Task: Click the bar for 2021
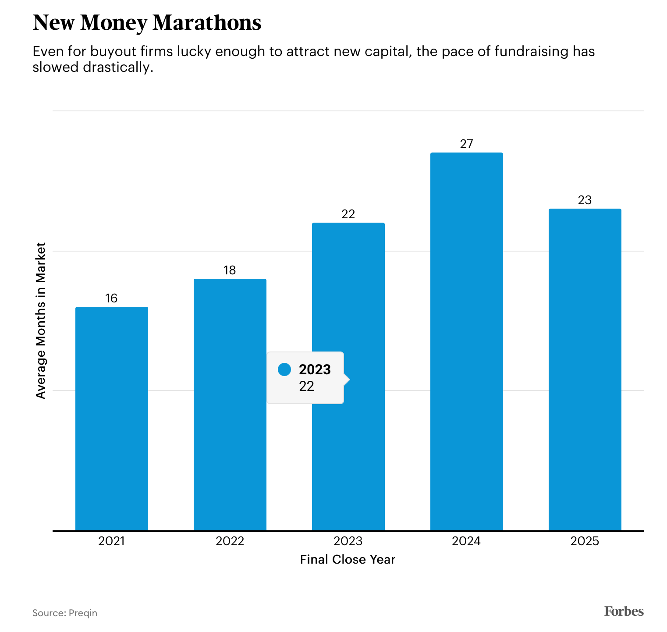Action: [x=111, y=419]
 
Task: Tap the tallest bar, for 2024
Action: [x=466, y=341]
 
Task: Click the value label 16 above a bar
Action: [x=111, y=298]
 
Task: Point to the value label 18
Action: [x=230, y=270]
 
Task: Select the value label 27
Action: [x=466, y=144]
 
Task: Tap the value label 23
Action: [x=585, y=200]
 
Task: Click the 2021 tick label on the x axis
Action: [x=111, y=541]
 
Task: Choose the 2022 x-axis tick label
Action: [x=230, y=541]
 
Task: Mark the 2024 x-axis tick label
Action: [x=466, y=541]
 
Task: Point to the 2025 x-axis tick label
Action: [x=585, y=541]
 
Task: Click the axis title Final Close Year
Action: [x=348, y=560]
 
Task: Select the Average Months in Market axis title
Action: [x=41, y=320]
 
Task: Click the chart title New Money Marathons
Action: [x=147, y=23]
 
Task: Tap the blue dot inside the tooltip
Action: [x=284, y=369]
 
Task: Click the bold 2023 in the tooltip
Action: [x=315, y=369]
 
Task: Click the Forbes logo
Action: [x=624, y=611]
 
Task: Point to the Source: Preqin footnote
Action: [x=65, y=613]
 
